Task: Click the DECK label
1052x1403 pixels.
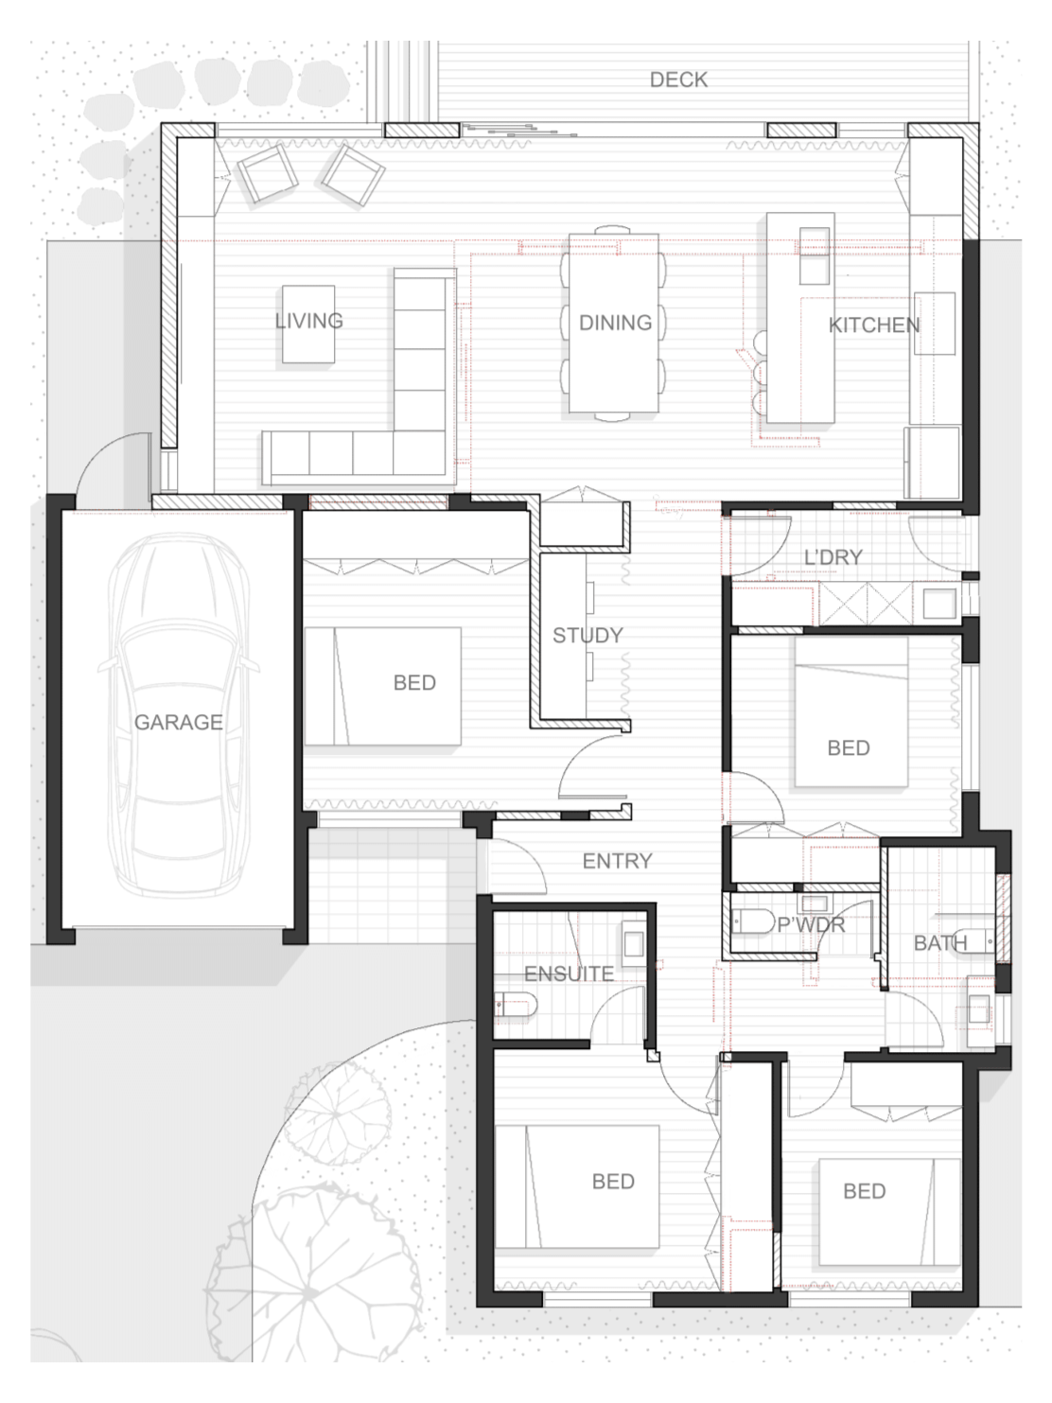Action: tap(678, 79)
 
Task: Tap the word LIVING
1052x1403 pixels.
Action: tap(309, 321)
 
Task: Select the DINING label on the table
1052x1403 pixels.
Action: tap(616, 323)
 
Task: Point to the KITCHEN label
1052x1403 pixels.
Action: tap(874, 325)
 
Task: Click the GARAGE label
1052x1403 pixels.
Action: tap(178, 723)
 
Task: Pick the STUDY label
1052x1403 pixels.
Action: tap(587, 635)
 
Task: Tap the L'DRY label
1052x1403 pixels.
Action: tap(833, 557)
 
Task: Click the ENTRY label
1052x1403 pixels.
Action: tap(617, 861)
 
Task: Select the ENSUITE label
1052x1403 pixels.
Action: tap(569, 973)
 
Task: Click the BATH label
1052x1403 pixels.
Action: tap(939, 942)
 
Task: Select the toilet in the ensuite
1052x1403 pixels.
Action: tap(516, 1005)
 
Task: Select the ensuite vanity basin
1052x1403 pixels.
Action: tap(633, 943)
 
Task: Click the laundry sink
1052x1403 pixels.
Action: tap(939, 603)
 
